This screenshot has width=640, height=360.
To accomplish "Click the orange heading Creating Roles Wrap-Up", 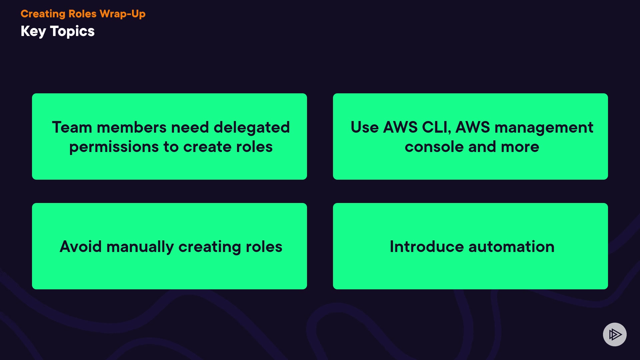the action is click(x=83, y=14).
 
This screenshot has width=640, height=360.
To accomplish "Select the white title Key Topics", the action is click(x=58, y=31).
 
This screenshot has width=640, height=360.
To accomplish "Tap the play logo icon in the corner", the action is click(x=615, y=334).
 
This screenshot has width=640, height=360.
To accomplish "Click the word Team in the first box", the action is click(x=72, y=127).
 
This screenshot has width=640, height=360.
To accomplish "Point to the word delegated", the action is click(x=252, y=128).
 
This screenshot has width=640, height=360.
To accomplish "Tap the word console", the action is click(x=434, y=147).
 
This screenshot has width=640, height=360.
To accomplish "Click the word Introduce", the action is click(x=427, y=247).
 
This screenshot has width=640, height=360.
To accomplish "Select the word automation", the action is click(x=512, y=247).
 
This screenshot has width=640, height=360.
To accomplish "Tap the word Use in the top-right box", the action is click(x=365, y=127).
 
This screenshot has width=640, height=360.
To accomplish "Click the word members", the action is click(x=132, y=127).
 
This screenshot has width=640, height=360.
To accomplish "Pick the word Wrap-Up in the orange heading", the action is click(x=123, y=14).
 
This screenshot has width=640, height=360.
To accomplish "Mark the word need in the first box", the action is click(x=190, y=127).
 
